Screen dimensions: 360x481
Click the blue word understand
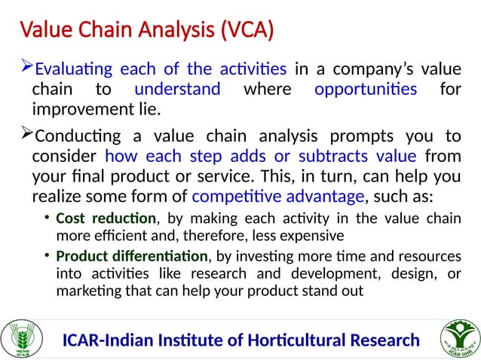point(177,90)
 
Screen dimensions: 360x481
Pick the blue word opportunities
point(366,90)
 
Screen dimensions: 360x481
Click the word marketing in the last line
point(86,290)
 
